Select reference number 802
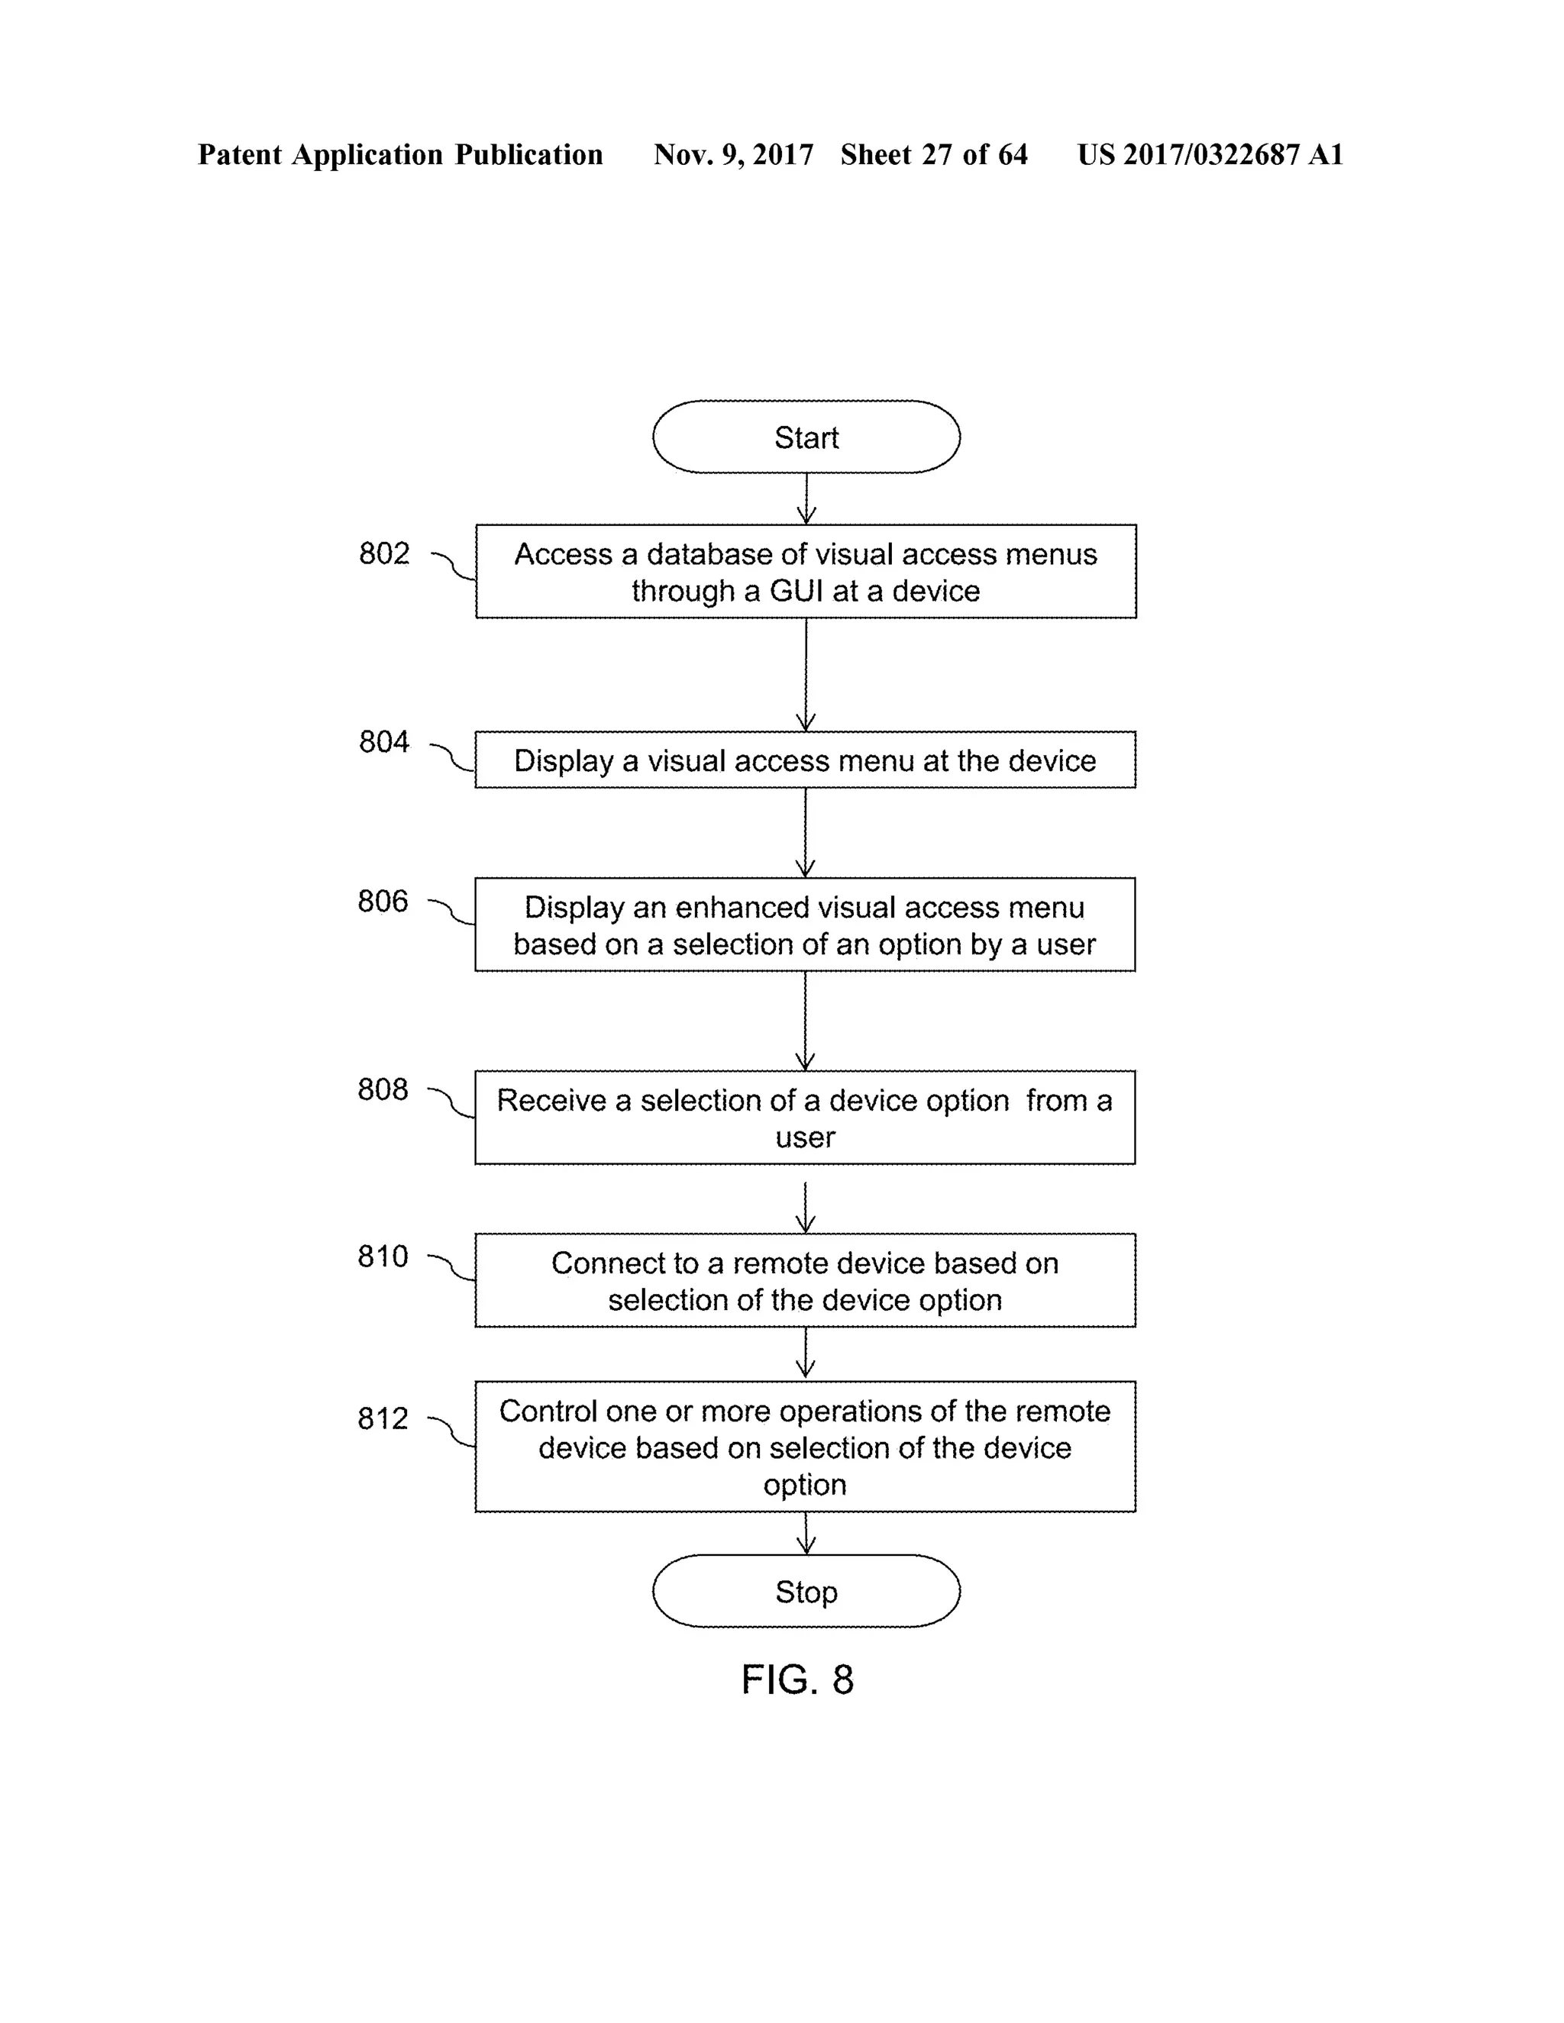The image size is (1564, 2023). [383, 554]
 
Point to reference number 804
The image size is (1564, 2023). [383, 742]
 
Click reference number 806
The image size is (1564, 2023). [383, 902]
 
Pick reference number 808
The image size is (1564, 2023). [383, 1090]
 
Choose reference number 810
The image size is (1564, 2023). [383, 1257]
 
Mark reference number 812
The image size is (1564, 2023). [383, 1419]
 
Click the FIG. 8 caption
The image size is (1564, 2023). [797, 1680]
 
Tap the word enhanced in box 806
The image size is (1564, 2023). [742, 908]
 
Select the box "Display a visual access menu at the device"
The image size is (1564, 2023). [805, 760]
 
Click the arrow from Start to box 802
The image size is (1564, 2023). [806, 499]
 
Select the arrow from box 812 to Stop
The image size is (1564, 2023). [806, 1533]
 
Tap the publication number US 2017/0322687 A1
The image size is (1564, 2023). [1210, 155]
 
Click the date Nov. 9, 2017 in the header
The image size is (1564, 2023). [733, 155]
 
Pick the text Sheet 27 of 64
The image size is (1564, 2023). [934, 155]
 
